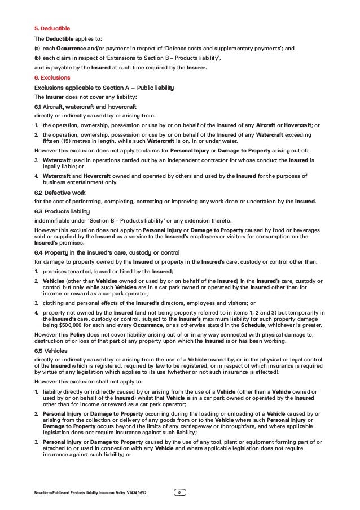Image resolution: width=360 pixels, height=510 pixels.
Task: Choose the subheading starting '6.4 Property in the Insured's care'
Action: click(x=99, y=252)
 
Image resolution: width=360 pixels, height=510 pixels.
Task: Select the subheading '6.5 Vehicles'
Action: click(x=51, y=350)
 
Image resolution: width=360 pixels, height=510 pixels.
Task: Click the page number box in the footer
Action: click(x=179, y=493)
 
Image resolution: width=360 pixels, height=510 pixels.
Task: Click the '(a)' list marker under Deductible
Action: click(x=37, y=49)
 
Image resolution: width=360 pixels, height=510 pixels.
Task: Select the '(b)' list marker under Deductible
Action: click(x=37, y=58)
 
